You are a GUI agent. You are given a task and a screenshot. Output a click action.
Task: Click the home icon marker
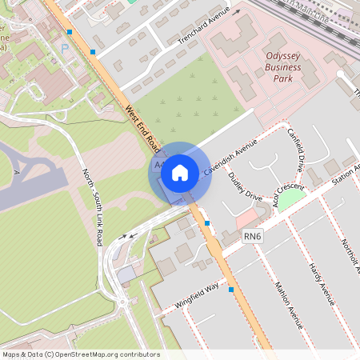click(180, 172)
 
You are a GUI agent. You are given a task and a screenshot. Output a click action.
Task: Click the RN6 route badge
click(254, 236)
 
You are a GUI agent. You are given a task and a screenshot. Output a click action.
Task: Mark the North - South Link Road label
click(93, 206)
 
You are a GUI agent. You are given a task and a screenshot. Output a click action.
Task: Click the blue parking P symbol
click(65, 49)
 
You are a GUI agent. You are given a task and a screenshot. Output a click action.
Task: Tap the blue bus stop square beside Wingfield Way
click(231, 290)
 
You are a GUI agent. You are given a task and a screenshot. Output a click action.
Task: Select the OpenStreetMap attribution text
click(80, 354)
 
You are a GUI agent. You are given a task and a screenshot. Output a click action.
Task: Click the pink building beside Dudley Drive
click(247, 217)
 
